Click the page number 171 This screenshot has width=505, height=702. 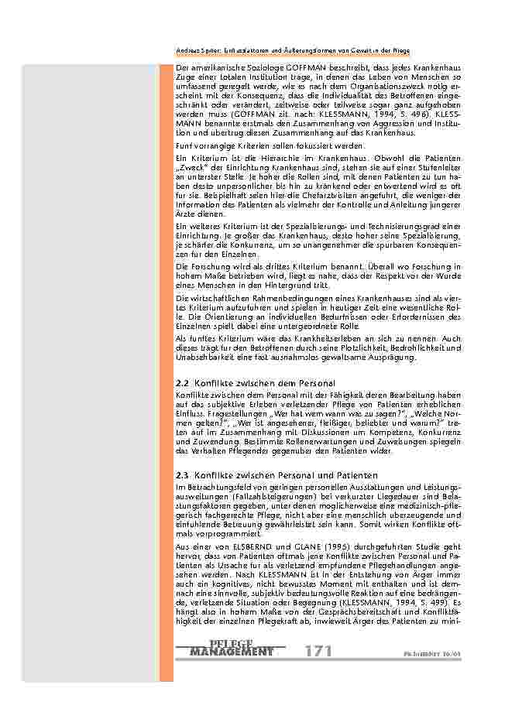pos(318,652)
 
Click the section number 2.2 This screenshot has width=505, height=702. pos(183,384)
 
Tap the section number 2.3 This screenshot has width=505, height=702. pos(183,475)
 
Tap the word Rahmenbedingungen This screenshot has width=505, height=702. pos(263,298)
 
